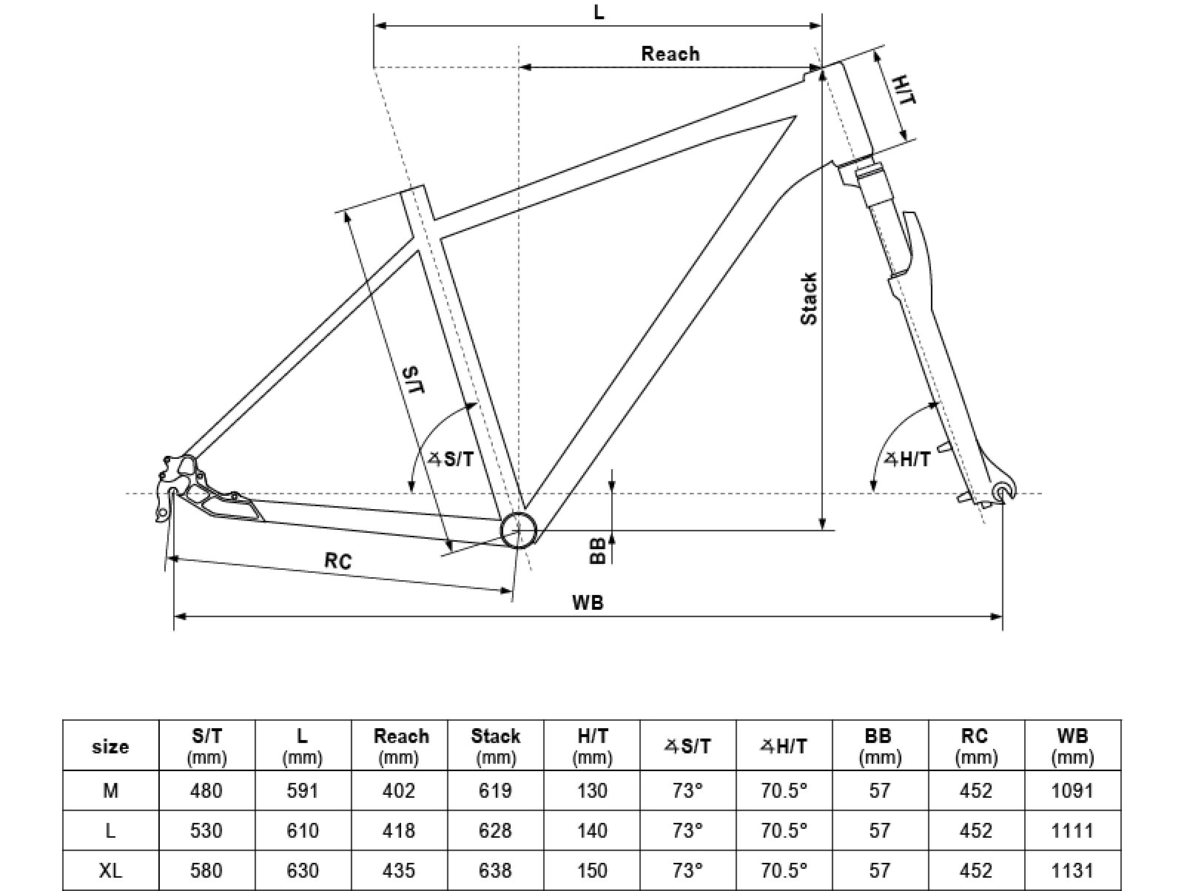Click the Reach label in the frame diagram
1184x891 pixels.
pos(670,54)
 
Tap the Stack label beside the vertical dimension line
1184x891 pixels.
pos(809,299)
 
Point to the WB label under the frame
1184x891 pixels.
pos(588,602)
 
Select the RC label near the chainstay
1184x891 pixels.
pos(338,561)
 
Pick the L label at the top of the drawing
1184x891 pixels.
pos(599,12)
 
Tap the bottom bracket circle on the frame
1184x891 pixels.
pos(518,530)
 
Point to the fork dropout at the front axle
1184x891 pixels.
pos(1004,491)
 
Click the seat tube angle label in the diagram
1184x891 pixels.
pos(451,459)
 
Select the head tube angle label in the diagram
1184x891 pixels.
pos(908,459)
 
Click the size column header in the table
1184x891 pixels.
pos(110,747)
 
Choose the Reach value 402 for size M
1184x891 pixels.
pos(399,790)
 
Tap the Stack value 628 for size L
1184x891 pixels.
pos(495,830)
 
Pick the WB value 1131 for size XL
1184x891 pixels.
pos(1072,870)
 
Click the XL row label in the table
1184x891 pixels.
pos(110,870)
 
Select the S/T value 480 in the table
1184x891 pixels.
pos(206,790)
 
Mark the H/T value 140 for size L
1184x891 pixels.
pos(592,830)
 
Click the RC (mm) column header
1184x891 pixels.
pos(976,747)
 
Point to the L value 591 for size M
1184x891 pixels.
pos(302,790)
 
